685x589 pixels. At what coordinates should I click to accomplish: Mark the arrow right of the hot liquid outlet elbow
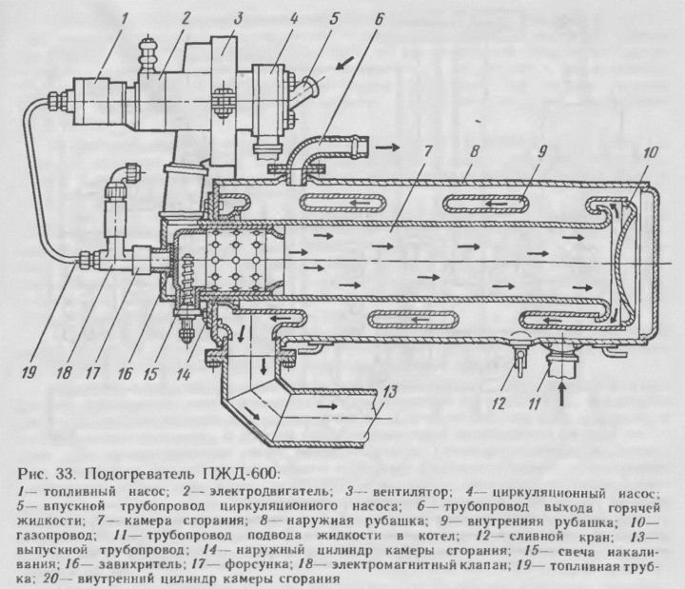(387, 149)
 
